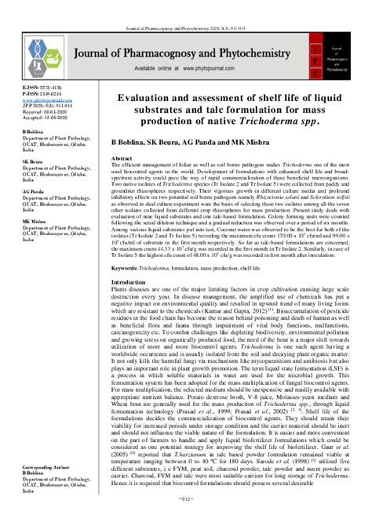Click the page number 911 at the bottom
pyautogui.click(x=185, y=517)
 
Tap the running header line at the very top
pyautogui.click(x=185, y=7)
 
